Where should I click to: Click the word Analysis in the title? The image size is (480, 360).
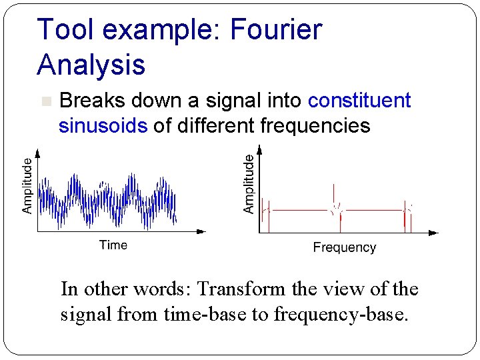click(91, 65)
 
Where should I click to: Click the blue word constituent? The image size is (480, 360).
click(359, 101)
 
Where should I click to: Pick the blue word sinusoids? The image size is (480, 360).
click(103, 126)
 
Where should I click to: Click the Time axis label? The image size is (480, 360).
click(113, 245)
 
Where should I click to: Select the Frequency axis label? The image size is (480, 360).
click(345, 247)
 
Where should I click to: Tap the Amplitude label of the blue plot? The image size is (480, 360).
click(27, 185)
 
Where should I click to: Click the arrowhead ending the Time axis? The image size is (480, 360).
click(201, 232)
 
